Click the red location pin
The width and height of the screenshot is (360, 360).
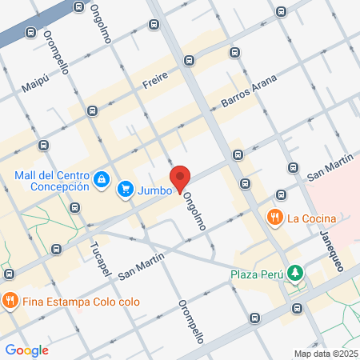coord(179,180)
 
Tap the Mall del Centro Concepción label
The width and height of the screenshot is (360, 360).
coord(51,181)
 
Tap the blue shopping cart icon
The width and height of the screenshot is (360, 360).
coord(125,190)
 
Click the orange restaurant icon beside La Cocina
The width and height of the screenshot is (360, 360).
coord(274,217)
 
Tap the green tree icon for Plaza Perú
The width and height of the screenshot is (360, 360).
coord(296,273)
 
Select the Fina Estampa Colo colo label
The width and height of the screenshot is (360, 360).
coord(82,302)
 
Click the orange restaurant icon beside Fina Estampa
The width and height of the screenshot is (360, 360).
coord(10,302)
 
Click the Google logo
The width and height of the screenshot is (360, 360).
coord(26,350)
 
